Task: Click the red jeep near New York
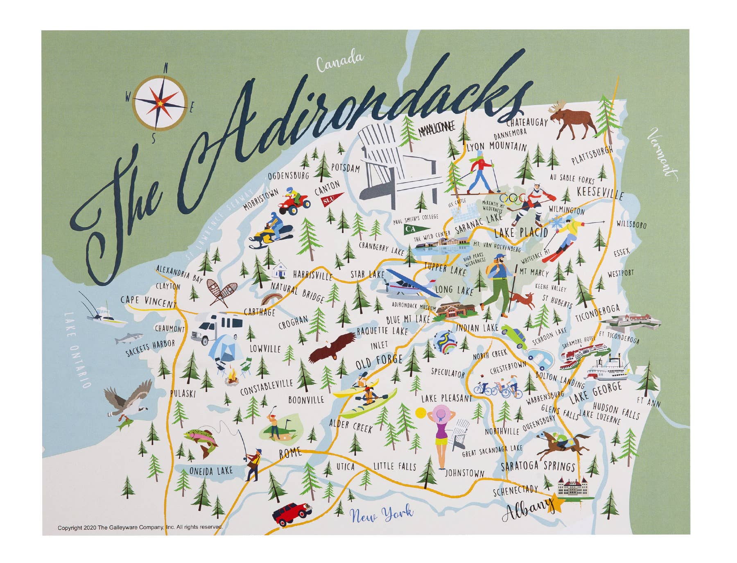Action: coord(292,513)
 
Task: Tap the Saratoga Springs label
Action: coord(538,466)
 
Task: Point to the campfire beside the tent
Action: coord(232,377)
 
